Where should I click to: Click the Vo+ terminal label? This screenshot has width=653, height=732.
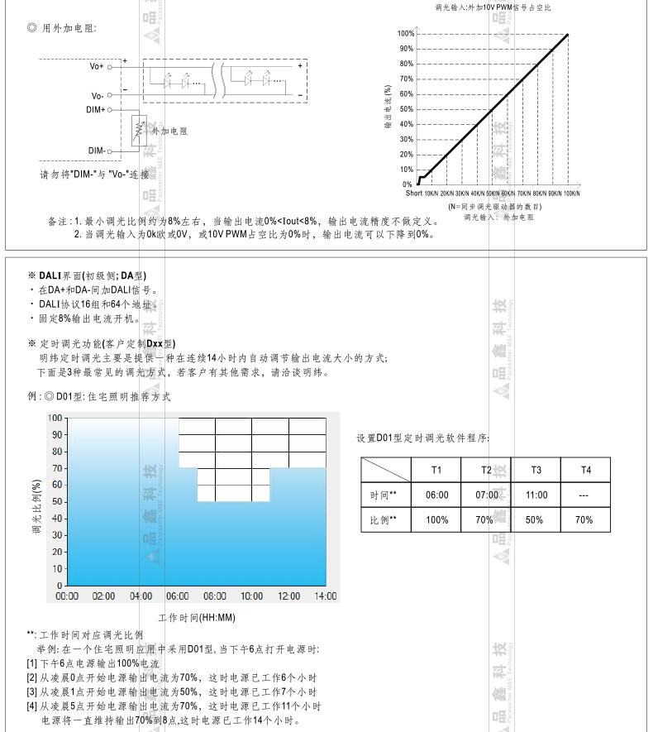(97, 65)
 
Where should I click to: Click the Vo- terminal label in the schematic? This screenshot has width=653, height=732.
(97, 96)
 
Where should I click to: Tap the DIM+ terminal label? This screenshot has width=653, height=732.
(95, 109)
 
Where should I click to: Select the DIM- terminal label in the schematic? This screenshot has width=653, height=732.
(96, 151)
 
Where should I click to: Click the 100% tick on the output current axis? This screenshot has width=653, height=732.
(405, 34)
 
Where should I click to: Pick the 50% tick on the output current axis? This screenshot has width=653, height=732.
(407, 109)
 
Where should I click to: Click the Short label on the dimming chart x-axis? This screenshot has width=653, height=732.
(413, 194)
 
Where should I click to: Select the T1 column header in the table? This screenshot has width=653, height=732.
(436, 470)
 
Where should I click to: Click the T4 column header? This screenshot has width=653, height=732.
(585, 470)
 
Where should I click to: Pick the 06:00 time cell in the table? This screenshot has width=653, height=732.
(436, 495)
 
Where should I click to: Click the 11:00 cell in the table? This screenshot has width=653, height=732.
(536, 495)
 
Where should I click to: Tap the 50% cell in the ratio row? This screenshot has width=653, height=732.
(536, 519)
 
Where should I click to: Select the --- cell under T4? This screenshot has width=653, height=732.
(584, 495)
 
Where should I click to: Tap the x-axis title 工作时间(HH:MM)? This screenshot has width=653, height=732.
(197, 617)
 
